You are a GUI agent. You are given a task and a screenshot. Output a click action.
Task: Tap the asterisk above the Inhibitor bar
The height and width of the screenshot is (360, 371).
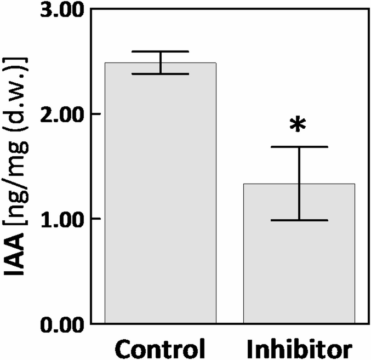point(298,125)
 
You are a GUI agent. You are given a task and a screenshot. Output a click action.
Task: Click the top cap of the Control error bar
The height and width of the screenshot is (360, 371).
point(161,52)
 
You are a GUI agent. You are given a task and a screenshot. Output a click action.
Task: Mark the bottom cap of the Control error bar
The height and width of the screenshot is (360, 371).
point(161,74)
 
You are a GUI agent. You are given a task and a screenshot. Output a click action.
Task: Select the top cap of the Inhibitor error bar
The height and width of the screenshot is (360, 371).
point(299,147)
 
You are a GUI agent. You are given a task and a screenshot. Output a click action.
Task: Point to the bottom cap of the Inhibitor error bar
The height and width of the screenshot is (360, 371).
point(299,220)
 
